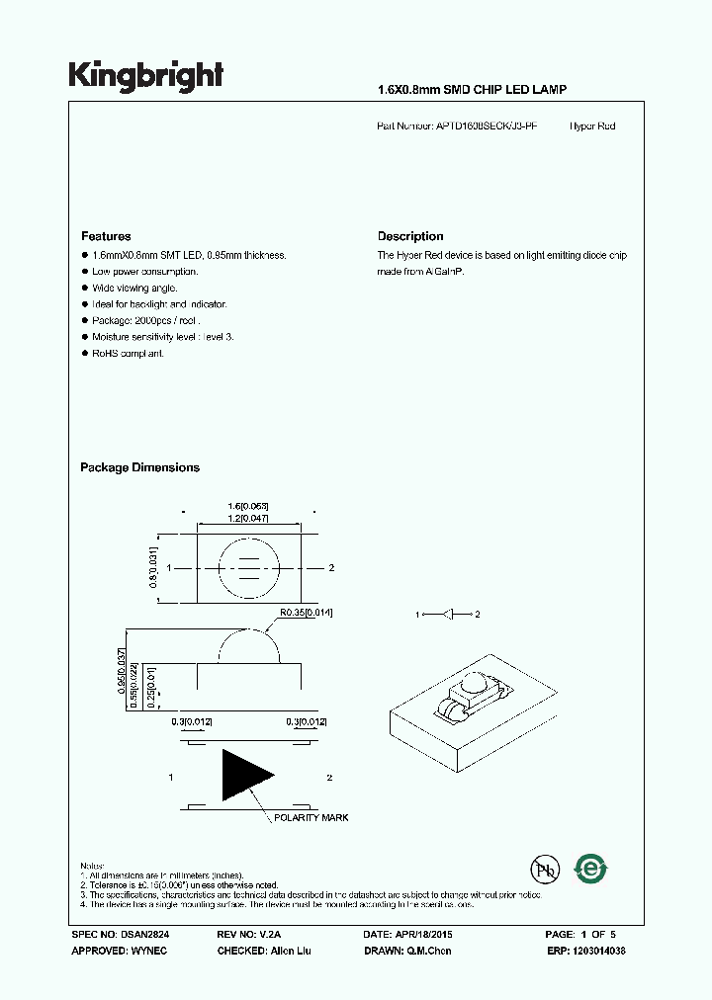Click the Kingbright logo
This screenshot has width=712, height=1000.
point(145,76)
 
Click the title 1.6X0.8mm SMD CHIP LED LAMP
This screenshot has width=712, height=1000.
point(473,90)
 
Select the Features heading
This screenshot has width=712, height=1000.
point(106,236)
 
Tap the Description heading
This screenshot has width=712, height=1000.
point(410,236)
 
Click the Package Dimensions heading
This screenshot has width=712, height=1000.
point(139,467)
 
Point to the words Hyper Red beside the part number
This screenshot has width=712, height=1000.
point(592,126)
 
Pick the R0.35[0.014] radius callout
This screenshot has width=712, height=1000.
point(305,614)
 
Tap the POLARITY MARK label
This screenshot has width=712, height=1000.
point(311,818)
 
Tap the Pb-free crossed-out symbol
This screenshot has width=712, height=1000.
point(544,871)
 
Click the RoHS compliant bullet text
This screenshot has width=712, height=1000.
point(128,353)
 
